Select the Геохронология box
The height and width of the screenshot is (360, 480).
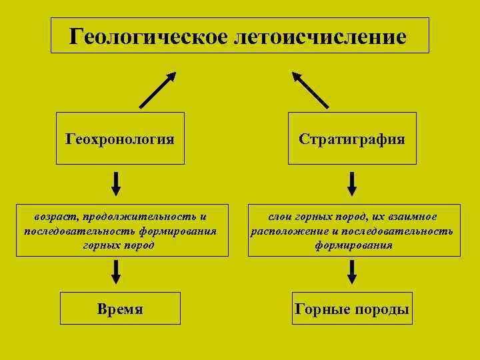(x=120, y=139)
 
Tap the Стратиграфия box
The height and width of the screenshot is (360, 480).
(x=352, y=139)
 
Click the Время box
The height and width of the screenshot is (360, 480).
(x=120, y=309)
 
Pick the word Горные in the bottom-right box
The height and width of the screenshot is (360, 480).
(x=325, y=309)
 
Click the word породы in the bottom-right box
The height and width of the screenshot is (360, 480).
(x=383, y=309)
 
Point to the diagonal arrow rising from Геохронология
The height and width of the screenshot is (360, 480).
(x=157, y=89)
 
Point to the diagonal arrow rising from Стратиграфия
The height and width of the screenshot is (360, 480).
(x=311, y=89)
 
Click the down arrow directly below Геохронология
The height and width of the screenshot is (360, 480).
(x=116, y=184)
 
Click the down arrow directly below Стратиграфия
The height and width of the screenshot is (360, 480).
(x=353, y=184)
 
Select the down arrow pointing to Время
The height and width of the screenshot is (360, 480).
(x=116, y=272)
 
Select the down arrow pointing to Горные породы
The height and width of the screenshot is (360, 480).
(x=353, y=272)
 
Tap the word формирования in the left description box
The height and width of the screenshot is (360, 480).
(x=178, y=231)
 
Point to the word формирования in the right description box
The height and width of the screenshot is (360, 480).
(x=354, y=245)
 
